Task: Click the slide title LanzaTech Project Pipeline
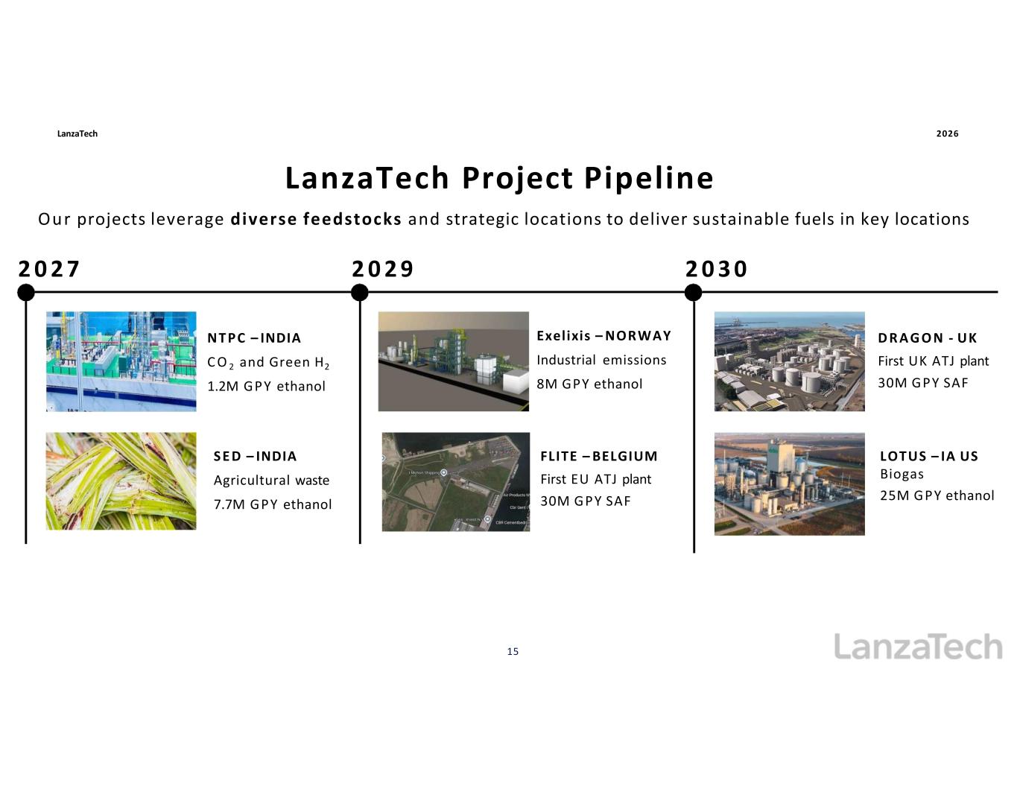499,179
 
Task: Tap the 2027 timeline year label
49,269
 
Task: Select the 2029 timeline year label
383,269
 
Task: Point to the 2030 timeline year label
717,269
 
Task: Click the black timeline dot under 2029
359,292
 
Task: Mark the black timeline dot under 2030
693,292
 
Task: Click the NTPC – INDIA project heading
254,337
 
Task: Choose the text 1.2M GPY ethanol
266,386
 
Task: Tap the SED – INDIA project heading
255,456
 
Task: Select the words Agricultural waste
271,481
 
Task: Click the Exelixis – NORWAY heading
603,335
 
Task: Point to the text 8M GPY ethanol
589,384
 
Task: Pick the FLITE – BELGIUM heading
598,456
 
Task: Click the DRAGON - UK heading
927,337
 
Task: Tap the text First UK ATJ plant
934,361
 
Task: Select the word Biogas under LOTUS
902,475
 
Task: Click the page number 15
513,651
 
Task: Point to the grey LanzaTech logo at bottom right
918,647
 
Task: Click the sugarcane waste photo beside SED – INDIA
121,481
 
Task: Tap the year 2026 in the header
947,134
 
